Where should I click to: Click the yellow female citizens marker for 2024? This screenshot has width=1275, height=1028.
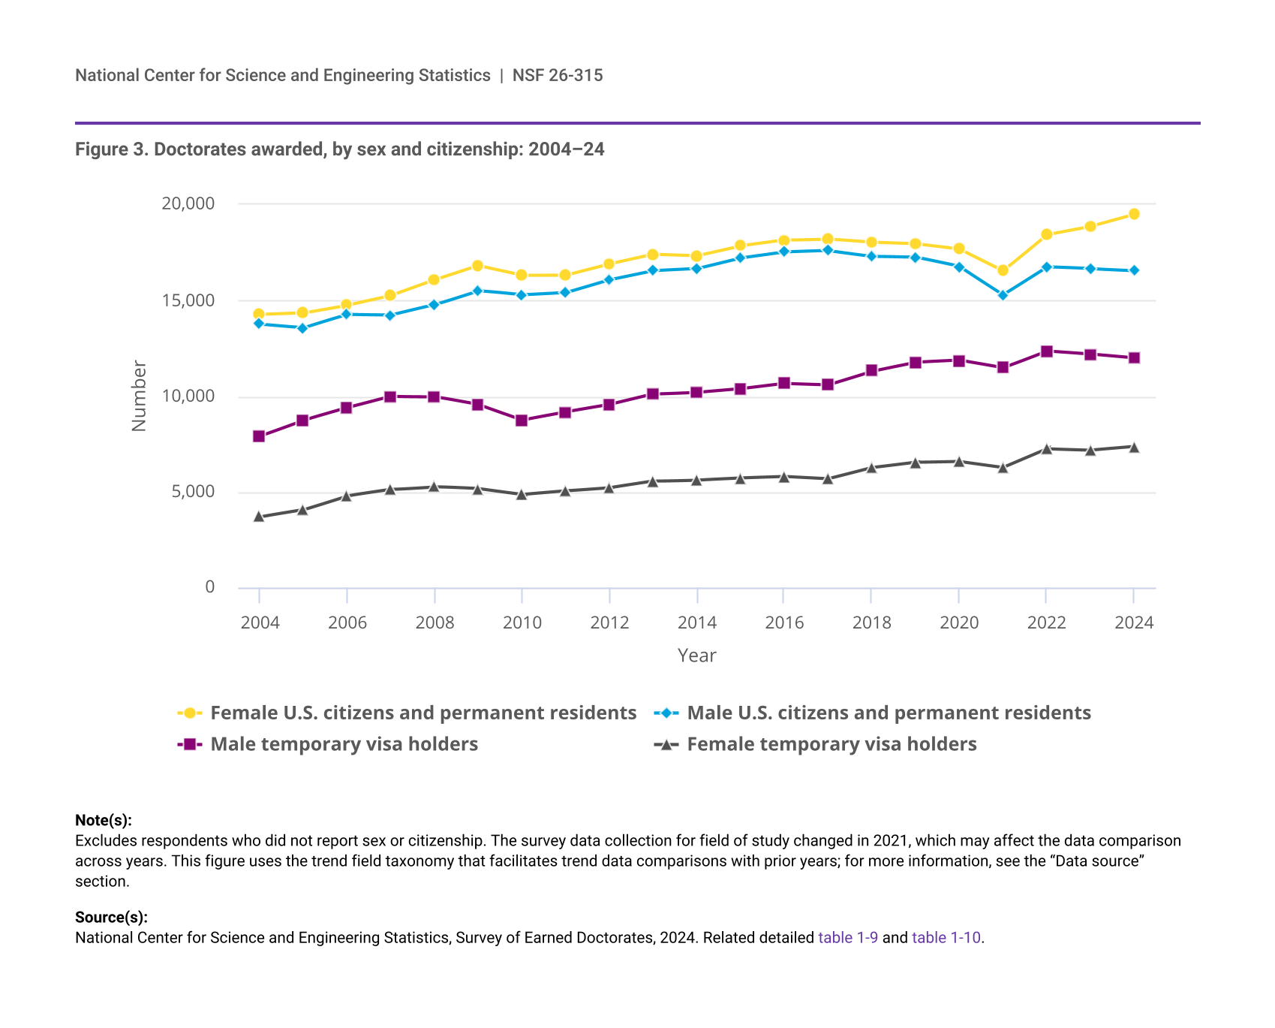coord(1134,214)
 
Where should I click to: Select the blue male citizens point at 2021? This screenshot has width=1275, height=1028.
coord(1003,295)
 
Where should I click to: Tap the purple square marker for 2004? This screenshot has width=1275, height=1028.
coord(259,436)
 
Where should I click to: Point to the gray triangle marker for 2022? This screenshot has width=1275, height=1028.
coord(1046,449)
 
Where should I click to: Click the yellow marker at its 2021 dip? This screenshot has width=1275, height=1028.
coord(1003,270)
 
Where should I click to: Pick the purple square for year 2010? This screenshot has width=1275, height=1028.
coord(522,421)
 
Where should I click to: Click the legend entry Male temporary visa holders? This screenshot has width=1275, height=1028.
coord(344,744)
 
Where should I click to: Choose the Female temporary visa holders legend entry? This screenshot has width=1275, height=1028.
coord(831,744)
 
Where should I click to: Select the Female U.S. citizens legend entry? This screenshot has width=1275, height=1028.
coord(422,713)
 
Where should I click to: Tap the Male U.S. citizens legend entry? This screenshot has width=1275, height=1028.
coord(889,713)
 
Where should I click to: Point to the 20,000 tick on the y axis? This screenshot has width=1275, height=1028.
coord(188,203)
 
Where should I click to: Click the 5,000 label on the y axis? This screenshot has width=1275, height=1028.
coord(193,492)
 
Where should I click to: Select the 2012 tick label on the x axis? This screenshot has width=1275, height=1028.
coord(609,623)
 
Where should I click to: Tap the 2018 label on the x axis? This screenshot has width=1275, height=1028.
coord(871,623)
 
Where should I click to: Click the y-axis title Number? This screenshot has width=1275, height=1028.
coord(139,396)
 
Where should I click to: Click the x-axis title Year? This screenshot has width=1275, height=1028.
coord(696,656)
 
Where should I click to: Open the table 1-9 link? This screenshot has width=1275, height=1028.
coord(848,937)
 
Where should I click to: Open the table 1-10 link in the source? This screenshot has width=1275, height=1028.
coord(946,937)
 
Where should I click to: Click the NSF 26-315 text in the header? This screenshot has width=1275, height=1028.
coord(558,75)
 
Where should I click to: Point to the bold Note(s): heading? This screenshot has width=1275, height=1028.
coord(104,820)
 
